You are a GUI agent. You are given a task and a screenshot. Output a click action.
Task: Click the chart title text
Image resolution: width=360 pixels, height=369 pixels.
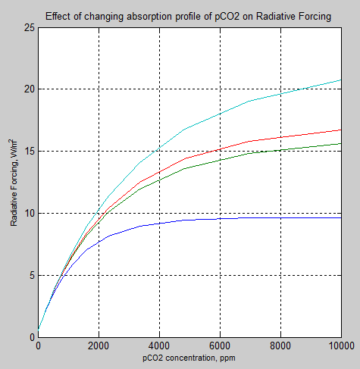click(188, 16)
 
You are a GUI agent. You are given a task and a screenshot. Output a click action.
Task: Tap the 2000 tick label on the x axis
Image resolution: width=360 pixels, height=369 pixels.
click(99, 346)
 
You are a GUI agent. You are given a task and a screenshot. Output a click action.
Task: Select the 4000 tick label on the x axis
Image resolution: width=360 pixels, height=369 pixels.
click(159, 346)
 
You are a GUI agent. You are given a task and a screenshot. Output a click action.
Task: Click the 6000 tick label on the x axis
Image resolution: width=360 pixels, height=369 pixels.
click(220, 346)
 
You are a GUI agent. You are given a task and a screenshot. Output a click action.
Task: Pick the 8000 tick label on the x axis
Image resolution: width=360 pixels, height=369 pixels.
click(280, 346)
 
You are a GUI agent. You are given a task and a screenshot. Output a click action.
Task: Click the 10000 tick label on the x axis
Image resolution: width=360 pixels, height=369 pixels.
click(340, 346)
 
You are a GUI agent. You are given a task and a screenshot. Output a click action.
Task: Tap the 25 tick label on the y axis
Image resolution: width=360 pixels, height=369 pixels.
click(30, 27)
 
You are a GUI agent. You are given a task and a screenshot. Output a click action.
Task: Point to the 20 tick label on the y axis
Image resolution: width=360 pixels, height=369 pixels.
click(30, 89)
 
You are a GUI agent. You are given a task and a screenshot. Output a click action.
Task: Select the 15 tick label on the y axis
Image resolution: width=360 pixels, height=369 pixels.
click(30, 152)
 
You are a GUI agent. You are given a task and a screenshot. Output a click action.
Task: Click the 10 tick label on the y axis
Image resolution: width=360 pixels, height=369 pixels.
click(30, 214)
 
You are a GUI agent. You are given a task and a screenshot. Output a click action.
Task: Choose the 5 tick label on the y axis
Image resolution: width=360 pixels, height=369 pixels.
click(32, 276)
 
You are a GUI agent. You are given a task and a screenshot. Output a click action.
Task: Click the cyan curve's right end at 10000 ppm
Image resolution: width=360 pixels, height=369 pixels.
click(340, 80)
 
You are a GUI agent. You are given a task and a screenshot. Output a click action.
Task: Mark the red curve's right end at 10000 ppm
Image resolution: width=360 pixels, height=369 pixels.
click(340, 130)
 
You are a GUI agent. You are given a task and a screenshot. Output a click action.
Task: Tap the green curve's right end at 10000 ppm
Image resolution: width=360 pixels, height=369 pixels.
click(340, 143)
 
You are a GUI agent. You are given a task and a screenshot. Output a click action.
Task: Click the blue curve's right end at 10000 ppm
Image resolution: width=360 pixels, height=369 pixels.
click(340, 217)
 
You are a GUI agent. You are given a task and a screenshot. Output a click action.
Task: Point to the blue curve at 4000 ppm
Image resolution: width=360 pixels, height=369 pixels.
click(159, 223)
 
